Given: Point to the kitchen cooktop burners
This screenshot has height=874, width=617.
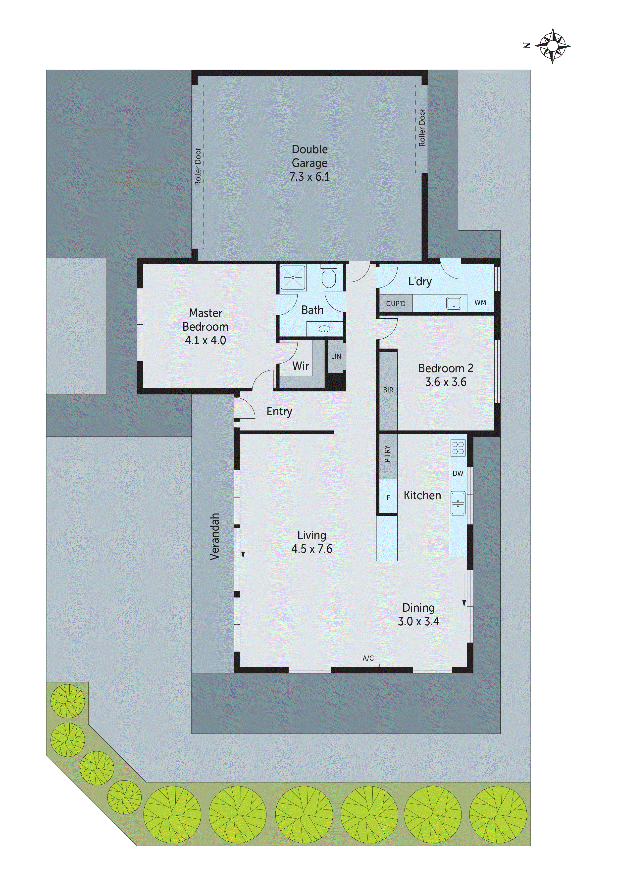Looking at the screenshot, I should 458,448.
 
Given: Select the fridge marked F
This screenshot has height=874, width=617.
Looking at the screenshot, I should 388,498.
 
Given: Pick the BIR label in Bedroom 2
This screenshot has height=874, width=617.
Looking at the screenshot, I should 388,390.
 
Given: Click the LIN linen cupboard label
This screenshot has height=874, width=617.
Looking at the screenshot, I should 336,356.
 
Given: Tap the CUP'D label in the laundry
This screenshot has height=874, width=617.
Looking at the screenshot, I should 396,304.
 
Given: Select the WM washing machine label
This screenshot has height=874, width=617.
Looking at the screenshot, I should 480,303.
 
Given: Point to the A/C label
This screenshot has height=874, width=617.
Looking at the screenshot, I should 368,658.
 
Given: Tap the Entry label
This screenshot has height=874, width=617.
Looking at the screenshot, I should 279,412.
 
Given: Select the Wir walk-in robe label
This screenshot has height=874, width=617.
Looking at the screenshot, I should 300,366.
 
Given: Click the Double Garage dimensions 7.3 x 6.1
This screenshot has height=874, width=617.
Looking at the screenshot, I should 309,177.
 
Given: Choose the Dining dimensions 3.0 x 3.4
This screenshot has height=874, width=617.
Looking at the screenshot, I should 418,622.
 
